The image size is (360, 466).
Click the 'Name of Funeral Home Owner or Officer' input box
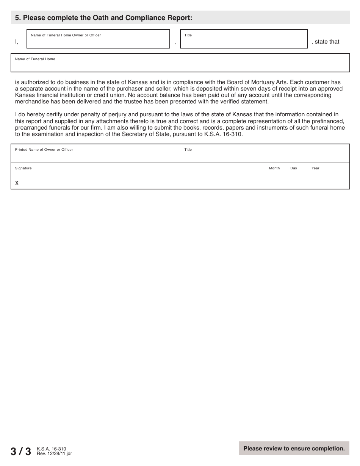click(98, 41)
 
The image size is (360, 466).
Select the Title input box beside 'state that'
click(244, 41)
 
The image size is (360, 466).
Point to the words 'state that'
click(327, 42)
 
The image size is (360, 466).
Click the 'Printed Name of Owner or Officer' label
click(44, 150)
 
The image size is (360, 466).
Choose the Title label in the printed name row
click(188, 150)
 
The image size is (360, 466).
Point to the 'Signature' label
click(23, 168)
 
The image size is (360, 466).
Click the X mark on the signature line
click(17, 183)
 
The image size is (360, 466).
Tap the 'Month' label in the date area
click(274, 168)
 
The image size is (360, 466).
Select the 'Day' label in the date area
click(294, 168)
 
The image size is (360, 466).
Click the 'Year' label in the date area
click(315, 168)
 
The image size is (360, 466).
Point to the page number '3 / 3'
click(21, 451)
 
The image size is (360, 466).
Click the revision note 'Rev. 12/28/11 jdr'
click(54, 453)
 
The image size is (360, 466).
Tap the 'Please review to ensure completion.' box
click(294, 448)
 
